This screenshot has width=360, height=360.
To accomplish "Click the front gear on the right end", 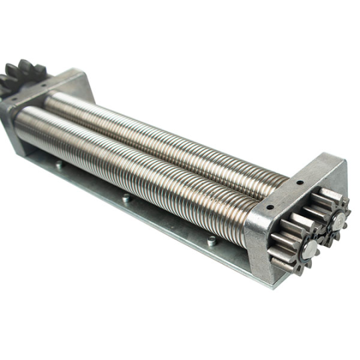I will click(x=298, y=244).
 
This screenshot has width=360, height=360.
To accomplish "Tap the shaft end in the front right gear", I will click(x=311, y=249).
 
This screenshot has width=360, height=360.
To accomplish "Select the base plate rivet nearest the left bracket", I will click(x=59, y=163).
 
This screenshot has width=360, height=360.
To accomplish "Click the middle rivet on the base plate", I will click(x=125, y=197).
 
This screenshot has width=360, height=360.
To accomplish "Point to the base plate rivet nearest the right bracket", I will click(x=211, y=241).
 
